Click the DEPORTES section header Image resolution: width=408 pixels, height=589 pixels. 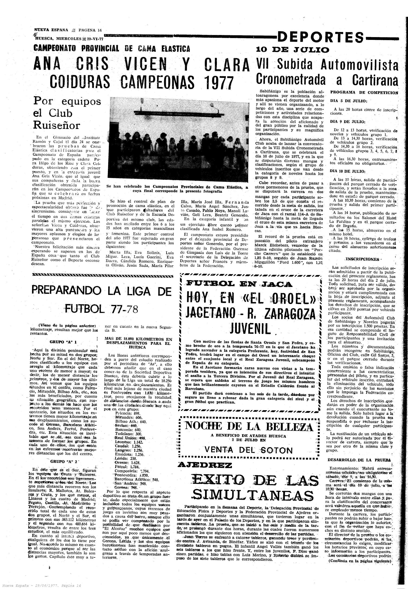tap(321, 37)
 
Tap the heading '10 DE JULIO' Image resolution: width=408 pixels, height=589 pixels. tap(292, 50)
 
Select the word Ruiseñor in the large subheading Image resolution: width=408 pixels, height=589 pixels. tap(57, 125)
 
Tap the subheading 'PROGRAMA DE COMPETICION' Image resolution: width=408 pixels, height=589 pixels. tap(364, 93)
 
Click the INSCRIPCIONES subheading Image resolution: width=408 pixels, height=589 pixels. tap(362, 259)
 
